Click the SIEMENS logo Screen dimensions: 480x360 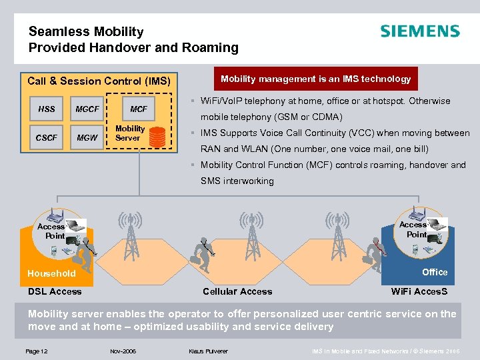click(x=419, y=31)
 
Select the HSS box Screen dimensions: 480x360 click(x=47, y=109)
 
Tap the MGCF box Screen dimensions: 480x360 click(x=87, y=109)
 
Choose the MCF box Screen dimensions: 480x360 click(x=139, y=109)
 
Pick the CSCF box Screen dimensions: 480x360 click(x=47, y=138)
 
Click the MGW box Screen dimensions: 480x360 click(x=87, y=138)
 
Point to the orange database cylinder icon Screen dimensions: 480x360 click(x=158, y=136)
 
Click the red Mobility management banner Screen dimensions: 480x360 click(x=315, y=79)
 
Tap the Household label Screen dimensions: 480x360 click(x=51, y=273)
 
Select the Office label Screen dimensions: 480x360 click(x=435, y=272)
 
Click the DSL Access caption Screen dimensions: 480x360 click(x=55, y=291)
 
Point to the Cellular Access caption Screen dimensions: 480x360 click(x=237, y=291)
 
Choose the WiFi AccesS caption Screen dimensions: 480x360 click(x=419, y=291)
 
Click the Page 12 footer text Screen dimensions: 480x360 click(x=37, y=350)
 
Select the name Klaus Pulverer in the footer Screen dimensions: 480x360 click(x=208, y=350)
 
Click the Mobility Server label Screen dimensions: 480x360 click(x=130, y=133)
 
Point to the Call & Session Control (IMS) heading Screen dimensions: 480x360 click(x=99, y=81)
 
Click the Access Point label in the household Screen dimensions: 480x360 click(x=51, y=231)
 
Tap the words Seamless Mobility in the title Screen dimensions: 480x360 click(x=86, y=31)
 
